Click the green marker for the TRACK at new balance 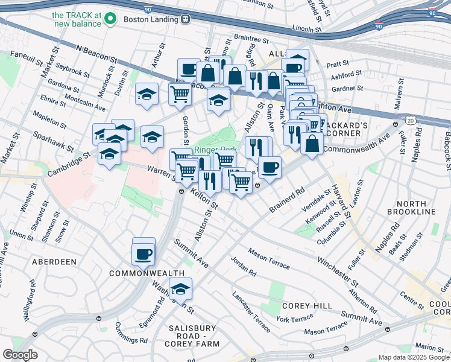[110, 19]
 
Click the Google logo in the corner [20, 355]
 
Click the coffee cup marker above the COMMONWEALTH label [143, 253]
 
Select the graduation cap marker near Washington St [180, 290]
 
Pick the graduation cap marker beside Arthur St [147, 94]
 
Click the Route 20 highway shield [411, 121]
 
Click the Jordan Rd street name [243, 265]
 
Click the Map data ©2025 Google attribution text [414, 357]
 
